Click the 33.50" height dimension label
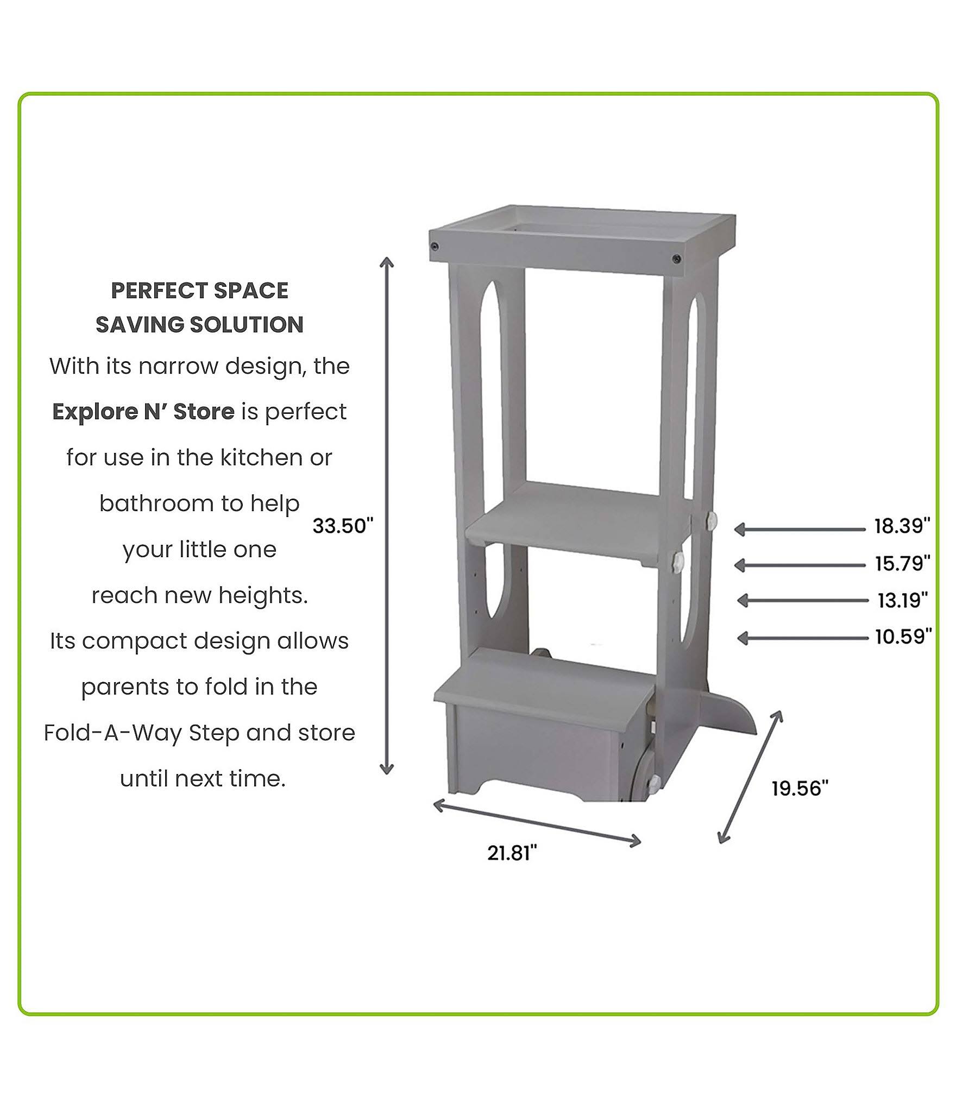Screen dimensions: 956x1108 [343, 526]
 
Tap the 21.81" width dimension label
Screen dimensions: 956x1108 [512, 853]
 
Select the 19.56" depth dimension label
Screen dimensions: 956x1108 [800, 788]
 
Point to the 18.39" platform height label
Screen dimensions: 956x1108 [902, 526]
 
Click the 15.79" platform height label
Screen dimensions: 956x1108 [902, 563]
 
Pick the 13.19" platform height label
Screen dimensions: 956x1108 [903, 600]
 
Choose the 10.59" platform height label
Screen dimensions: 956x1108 [903, 636]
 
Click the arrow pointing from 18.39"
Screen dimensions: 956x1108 [800, 529]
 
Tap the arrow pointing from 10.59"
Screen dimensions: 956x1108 [802, 638]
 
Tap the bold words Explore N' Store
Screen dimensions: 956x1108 [143, 412]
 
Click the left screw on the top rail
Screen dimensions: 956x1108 [435, 247]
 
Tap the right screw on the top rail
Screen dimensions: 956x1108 [676, 259]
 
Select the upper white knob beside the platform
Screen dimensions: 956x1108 [709, 520]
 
